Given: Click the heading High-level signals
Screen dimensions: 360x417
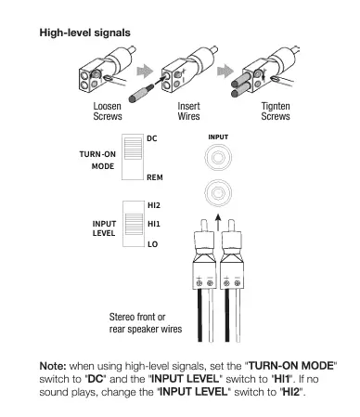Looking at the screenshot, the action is pyautogui.click(x=84, y=33).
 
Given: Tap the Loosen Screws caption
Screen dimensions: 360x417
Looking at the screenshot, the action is pyautogui.click(x=108, y=111).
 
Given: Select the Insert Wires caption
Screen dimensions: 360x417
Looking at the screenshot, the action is pyautogui.click(x=188, y=111).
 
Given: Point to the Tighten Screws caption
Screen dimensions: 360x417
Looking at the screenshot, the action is pyautogui.click(x=276, y=111).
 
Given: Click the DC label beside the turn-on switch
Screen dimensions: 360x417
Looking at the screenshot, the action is pyautogui.click(x=152, y=138).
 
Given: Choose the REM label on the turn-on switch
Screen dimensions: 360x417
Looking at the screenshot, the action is pyautogui.click(x=155, y=177).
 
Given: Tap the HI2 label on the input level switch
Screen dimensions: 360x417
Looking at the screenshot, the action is pyautogui.click(x=154, y=205).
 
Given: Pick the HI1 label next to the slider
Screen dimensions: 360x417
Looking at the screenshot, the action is pyautogui.click(x=154, y=224).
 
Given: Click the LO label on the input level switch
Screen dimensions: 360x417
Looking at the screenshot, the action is pyautogui.click(x=153, y=244).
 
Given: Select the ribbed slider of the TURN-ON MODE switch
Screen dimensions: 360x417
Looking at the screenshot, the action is pyautogui.click(x=133, y=149).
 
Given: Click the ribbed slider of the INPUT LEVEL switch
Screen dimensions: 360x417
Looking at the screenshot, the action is pyautogui.click(x=134, y=224).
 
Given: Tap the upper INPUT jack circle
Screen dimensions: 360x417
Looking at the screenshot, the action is pyautogui.click(x=218, y=157).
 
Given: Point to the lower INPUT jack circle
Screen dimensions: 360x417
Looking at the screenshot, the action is pyautogui.click(x=218, y=193).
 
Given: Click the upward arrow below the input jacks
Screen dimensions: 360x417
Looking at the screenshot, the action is pyautogui.click(x=218, y=222).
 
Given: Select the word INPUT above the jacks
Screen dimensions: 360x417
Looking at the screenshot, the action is pyautogui.click(x=218, y=137).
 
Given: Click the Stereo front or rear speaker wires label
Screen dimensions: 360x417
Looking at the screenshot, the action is pyautogui.click(x=146, y=323).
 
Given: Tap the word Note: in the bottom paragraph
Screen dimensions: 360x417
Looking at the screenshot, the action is pyautogui.click(x=53, y=366).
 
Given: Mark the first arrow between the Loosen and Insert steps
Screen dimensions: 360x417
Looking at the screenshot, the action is pyautogui.click(x=145, y=72).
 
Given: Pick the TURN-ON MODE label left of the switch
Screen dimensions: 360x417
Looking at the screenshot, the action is pyautogui.click(x=97, y=161).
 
